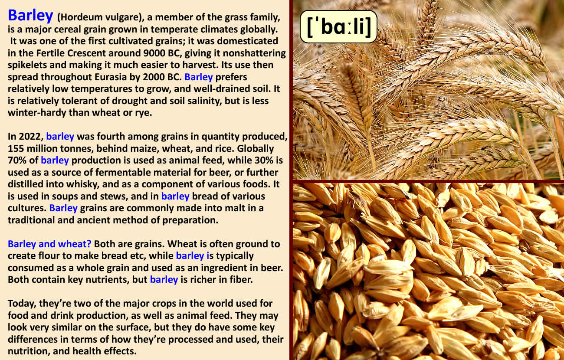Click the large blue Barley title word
click(x=30, y=16)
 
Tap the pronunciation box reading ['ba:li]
click(x=339, y=26)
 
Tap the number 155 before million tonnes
click(x=16, y=148)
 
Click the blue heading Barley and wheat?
click(x=49, y=244)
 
